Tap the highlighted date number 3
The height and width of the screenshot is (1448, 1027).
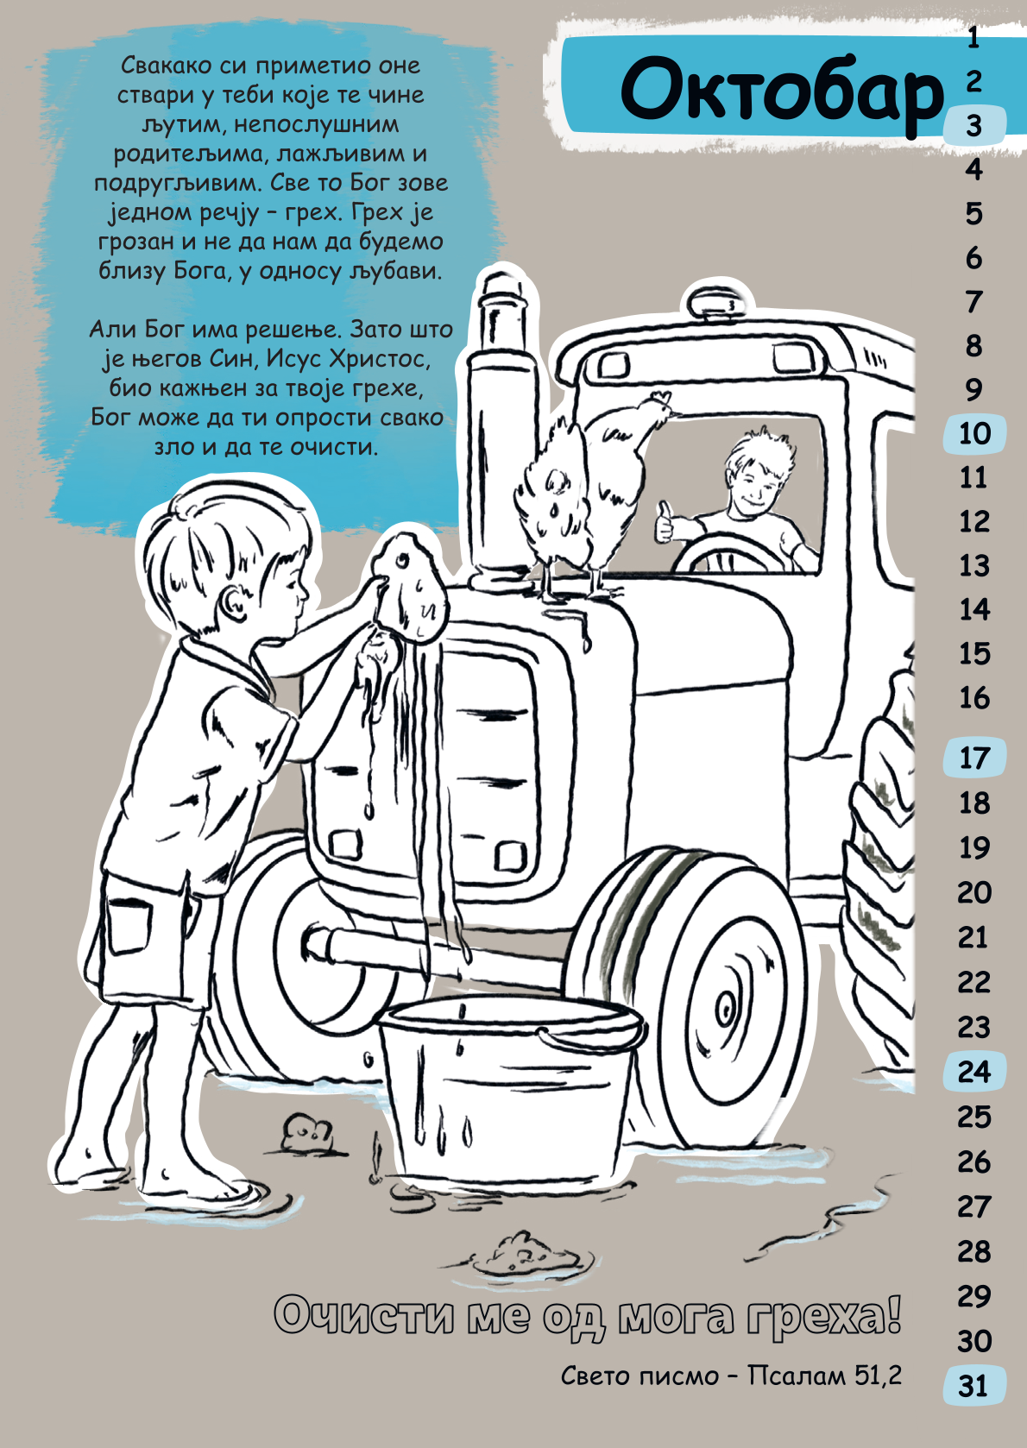[x=974, y=126]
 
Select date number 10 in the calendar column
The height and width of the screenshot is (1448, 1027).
[x=974, y=433]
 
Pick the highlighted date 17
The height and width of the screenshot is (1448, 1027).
[x=974, y=758]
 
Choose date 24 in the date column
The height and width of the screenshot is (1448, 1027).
[x=974, y=1071]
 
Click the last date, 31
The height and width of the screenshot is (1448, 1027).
[x=973, y=1386]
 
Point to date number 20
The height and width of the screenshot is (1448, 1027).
[x=974, y=893]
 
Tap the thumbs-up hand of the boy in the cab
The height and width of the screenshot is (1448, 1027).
[x=665, y=521]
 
